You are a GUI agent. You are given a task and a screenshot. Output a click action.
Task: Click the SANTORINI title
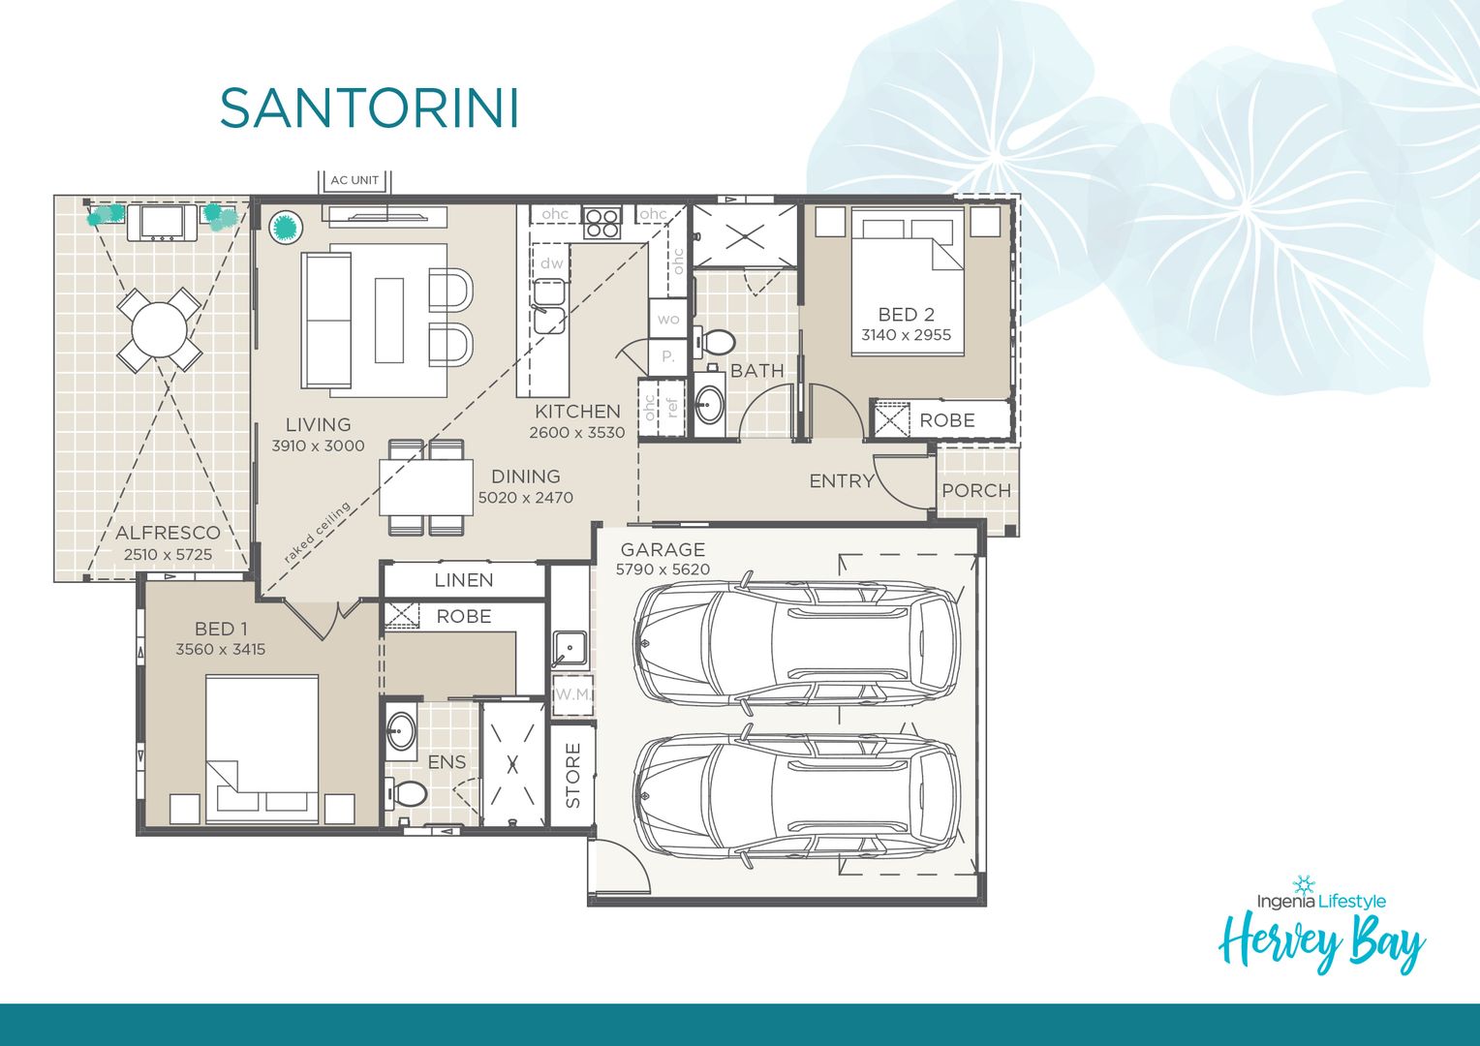[x=369, y=108]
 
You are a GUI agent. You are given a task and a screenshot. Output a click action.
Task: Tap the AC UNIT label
[x=355, y=180]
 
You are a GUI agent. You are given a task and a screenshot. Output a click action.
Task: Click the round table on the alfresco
[x=160, y=330]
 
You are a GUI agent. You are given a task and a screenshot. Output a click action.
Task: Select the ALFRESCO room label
[x=168, y=533]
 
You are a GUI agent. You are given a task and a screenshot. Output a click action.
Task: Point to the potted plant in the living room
[x=285, y=228]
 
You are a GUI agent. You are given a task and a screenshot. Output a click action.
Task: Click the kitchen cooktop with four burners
[x=601, y=223]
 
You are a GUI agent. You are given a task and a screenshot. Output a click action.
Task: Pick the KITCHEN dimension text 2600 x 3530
[x=577, y=433]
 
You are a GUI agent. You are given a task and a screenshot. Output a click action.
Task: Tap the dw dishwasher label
[x=551, y=262]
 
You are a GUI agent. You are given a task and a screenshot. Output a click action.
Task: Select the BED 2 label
[x=906, y=315]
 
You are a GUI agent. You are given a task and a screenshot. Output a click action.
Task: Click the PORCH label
[x=975, y=491]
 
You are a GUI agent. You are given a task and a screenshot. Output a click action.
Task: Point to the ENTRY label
[x=841, y=481]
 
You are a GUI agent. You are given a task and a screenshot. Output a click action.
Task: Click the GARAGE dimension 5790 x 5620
[x=663, y=569]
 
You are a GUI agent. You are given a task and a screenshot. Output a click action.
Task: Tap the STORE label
[x=572, y=776]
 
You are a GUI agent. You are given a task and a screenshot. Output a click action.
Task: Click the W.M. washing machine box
[x=571, y=695]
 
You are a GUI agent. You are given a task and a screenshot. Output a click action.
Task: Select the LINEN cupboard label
[x=463, y=580]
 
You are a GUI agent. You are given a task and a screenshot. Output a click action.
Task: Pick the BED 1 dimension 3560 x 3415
[x=220, y=650]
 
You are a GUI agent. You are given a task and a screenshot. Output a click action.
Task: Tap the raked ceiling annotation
[x=317, y=533]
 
